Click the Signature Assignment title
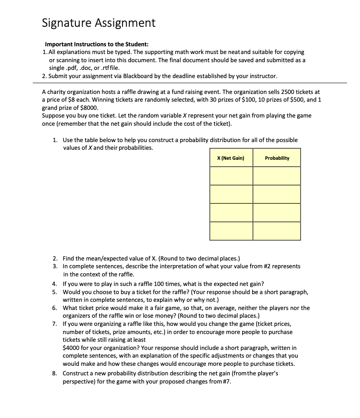tap(98, 23)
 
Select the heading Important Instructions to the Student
tap(93, 45)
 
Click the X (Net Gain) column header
tap(231, 158)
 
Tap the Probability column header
tap(277, 158)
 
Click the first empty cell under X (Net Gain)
tap(231, 176)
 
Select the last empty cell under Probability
tap(277, 231)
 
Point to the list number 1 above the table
tap(54, 140)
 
